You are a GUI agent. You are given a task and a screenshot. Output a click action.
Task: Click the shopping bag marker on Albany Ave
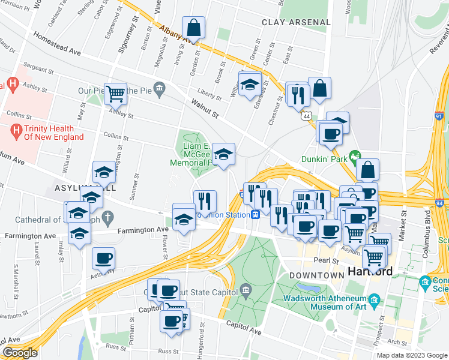tap(194, 28)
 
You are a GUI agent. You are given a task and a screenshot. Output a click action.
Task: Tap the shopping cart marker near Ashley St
tap(115, 94)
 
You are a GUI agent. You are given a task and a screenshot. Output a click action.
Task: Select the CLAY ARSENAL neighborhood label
tap(296, 22)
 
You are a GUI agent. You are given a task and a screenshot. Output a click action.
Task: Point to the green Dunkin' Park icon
tap(355, 155)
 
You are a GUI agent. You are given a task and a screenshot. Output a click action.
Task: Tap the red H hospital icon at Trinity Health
tap(16, 129)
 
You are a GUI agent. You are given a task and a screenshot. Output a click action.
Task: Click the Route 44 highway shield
tap(307, 115)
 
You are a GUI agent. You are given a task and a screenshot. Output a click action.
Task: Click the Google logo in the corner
tap(19, 353)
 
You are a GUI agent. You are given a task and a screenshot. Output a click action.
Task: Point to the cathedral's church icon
tap(107, 217)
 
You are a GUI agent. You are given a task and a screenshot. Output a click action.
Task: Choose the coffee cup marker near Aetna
tap(103, 259)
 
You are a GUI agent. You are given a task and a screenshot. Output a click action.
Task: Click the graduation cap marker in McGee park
tap(223, 155)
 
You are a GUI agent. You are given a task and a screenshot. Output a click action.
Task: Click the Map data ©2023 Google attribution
tap(411, 355)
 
